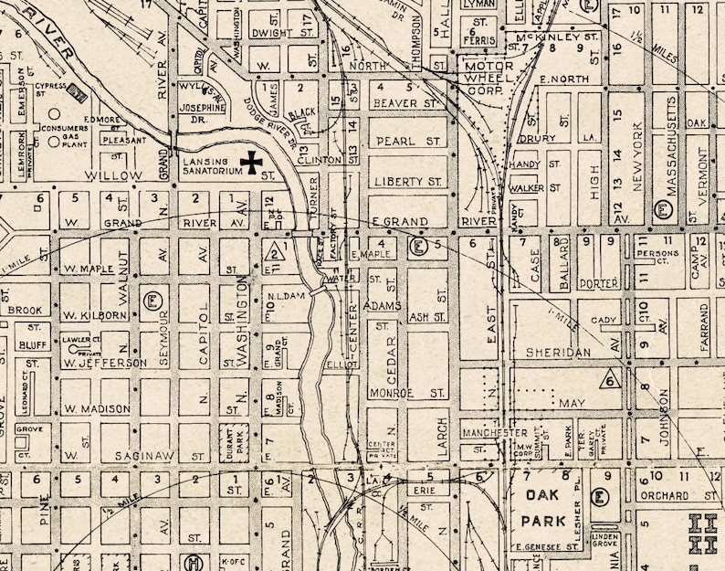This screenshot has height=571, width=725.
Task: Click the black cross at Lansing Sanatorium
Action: coord(249,163)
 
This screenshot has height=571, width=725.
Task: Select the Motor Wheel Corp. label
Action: coord(489,78)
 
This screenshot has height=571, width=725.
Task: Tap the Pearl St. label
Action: coord(407,142)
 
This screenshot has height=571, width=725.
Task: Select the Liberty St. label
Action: coord(408,182)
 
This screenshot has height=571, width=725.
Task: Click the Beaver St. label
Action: coord(407,104)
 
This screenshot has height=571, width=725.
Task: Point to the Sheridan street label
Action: coord(553,352)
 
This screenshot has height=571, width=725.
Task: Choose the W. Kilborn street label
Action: coord(93,315)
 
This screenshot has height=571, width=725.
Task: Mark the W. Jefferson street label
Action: coord(104,363)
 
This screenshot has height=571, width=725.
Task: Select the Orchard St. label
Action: coord(664,496)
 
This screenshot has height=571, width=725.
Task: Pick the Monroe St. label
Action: coord(407,393)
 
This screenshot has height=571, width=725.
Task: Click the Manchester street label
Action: coord(494,432)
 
